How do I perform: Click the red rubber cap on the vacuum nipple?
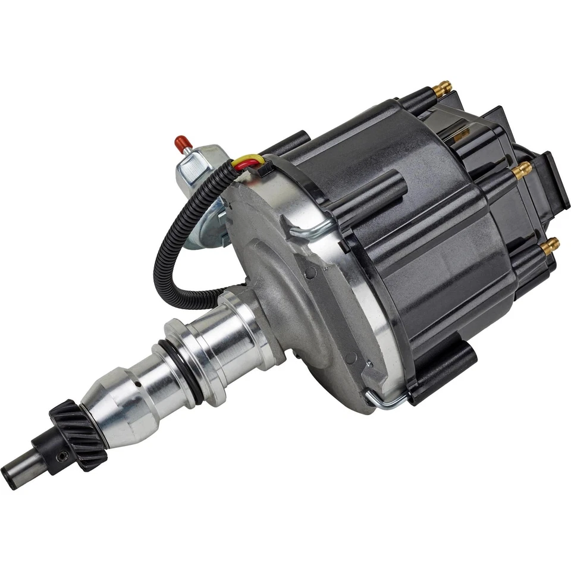tap(179, 142)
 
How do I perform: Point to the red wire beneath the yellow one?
tap(241, 166)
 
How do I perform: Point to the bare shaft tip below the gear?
tap(17, 472)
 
